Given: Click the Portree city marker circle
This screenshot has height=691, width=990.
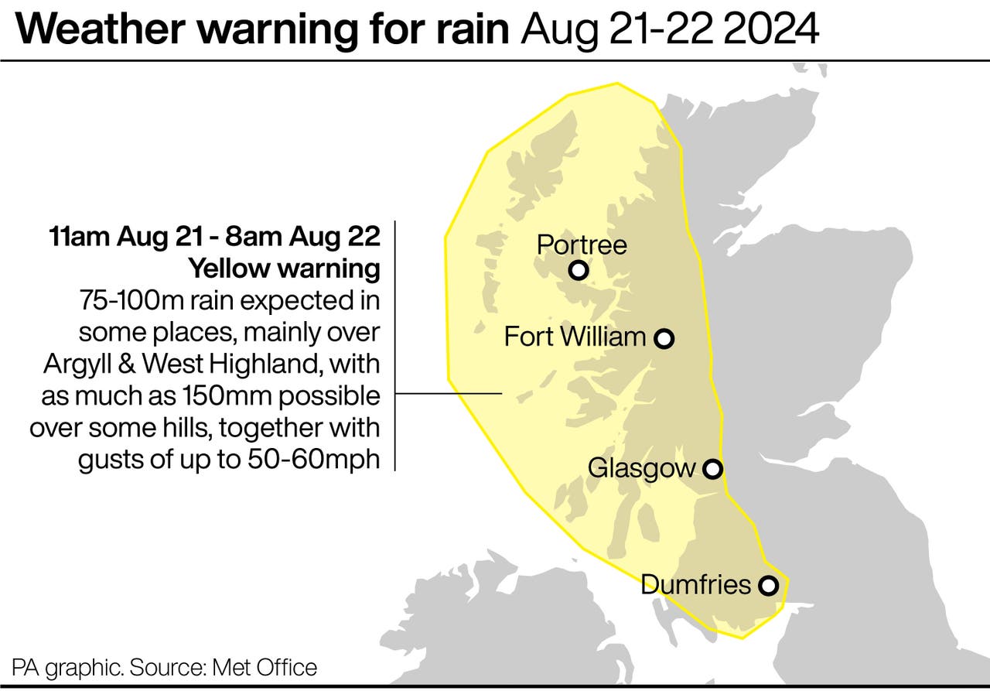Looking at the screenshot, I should (x=578, y=271).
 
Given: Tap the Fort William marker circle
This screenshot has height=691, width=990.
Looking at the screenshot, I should (x=664, y=338).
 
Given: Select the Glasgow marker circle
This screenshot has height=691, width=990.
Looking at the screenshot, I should (x=712, y=469).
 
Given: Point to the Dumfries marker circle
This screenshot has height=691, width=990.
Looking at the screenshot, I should (x=767, y=586).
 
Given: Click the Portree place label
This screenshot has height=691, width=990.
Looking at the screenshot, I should (x=582, y=245).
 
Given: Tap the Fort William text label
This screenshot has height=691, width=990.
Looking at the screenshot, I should (x=575, y=337).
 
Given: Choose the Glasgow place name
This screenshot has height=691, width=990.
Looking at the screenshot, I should (x=641, y=468).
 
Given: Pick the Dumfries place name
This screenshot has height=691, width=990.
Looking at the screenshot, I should (x=696, y=584).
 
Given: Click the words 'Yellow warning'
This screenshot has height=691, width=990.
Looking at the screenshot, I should (x=285, y=269).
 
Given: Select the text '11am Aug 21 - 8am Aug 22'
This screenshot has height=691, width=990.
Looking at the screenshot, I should (x=214, y=237).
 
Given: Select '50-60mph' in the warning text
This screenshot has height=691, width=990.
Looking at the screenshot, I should (x=312, y=460).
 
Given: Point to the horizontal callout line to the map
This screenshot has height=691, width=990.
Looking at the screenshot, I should (x=449, y=394).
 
